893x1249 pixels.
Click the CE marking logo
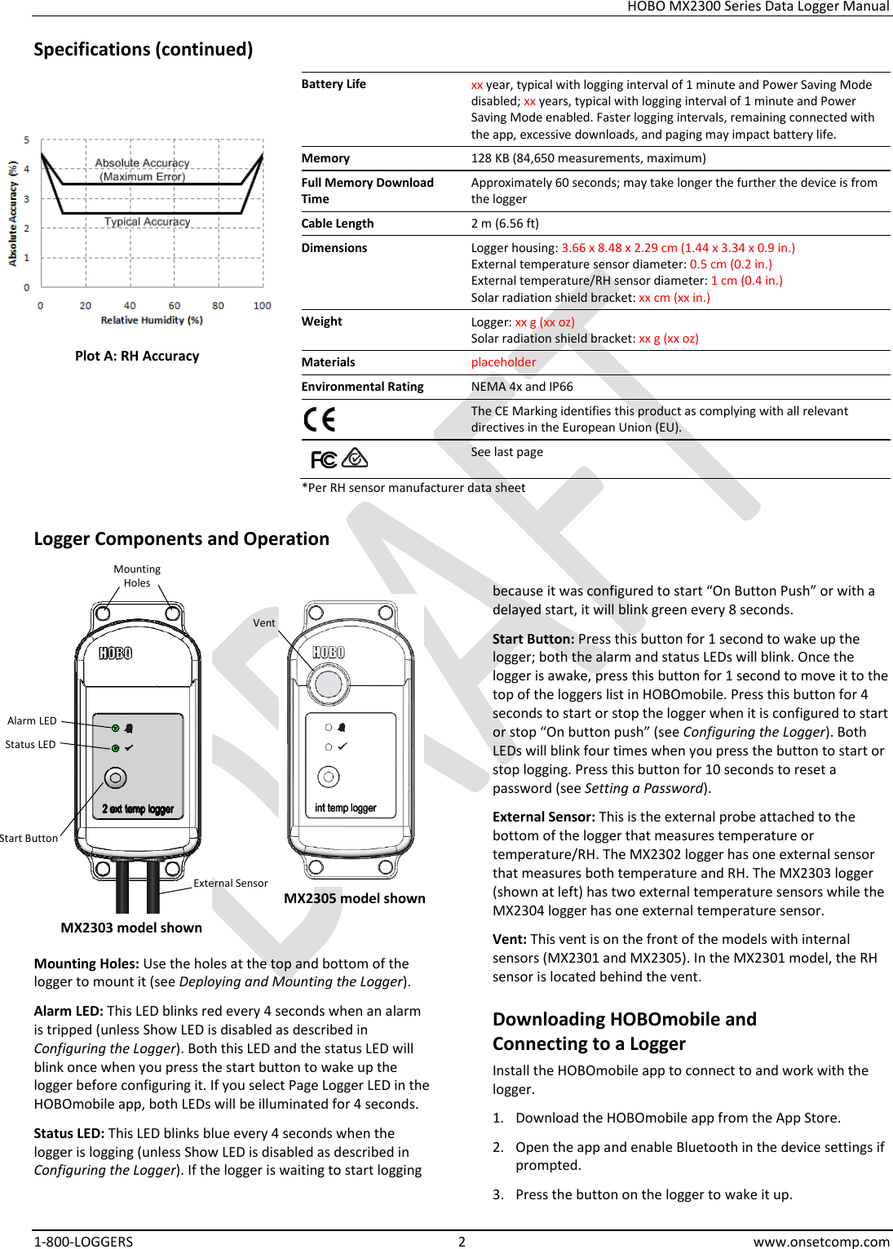tap(319, 419)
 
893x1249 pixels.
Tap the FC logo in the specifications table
tap(324, 460)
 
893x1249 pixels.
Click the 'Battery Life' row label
tap(334, 84)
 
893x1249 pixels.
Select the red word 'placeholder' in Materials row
tap(503, 362)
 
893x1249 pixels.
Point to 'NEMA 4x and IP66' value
tap(522, 387)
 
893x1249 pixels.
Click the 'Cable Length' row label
tap(338, 224)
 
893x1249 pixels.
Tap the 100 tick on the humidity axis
tap(262, 306)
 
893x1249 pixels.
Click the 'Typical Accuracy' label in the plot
tap(147, 222)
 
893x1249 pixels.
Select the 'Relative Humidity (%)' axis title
tap(152, 321)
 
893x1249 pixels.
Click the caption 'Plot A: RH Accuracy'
tap(137, 356)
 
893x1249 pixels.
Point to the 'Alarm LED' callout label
tap(32, 720)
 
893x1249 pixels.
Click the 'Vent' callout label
tap(263, 622)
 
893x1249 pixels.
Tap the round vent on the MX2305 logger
tap(329, 684)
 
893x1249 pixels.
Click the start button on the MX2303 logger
tap(116, 778)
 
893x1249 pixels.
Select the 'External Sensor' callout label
tap(230, 883)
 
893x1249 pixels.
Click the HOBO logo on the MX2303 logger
tap(115, 653)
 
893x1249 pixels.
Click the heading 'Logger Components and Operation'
tap(181, 538)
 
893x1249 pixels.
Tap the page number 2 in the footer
tap(462, 1241)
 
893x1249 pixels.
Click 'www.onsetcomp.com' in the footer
tap(821, 1241)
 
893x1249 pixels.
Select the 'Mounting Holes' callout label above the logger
tap(137, 576)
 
